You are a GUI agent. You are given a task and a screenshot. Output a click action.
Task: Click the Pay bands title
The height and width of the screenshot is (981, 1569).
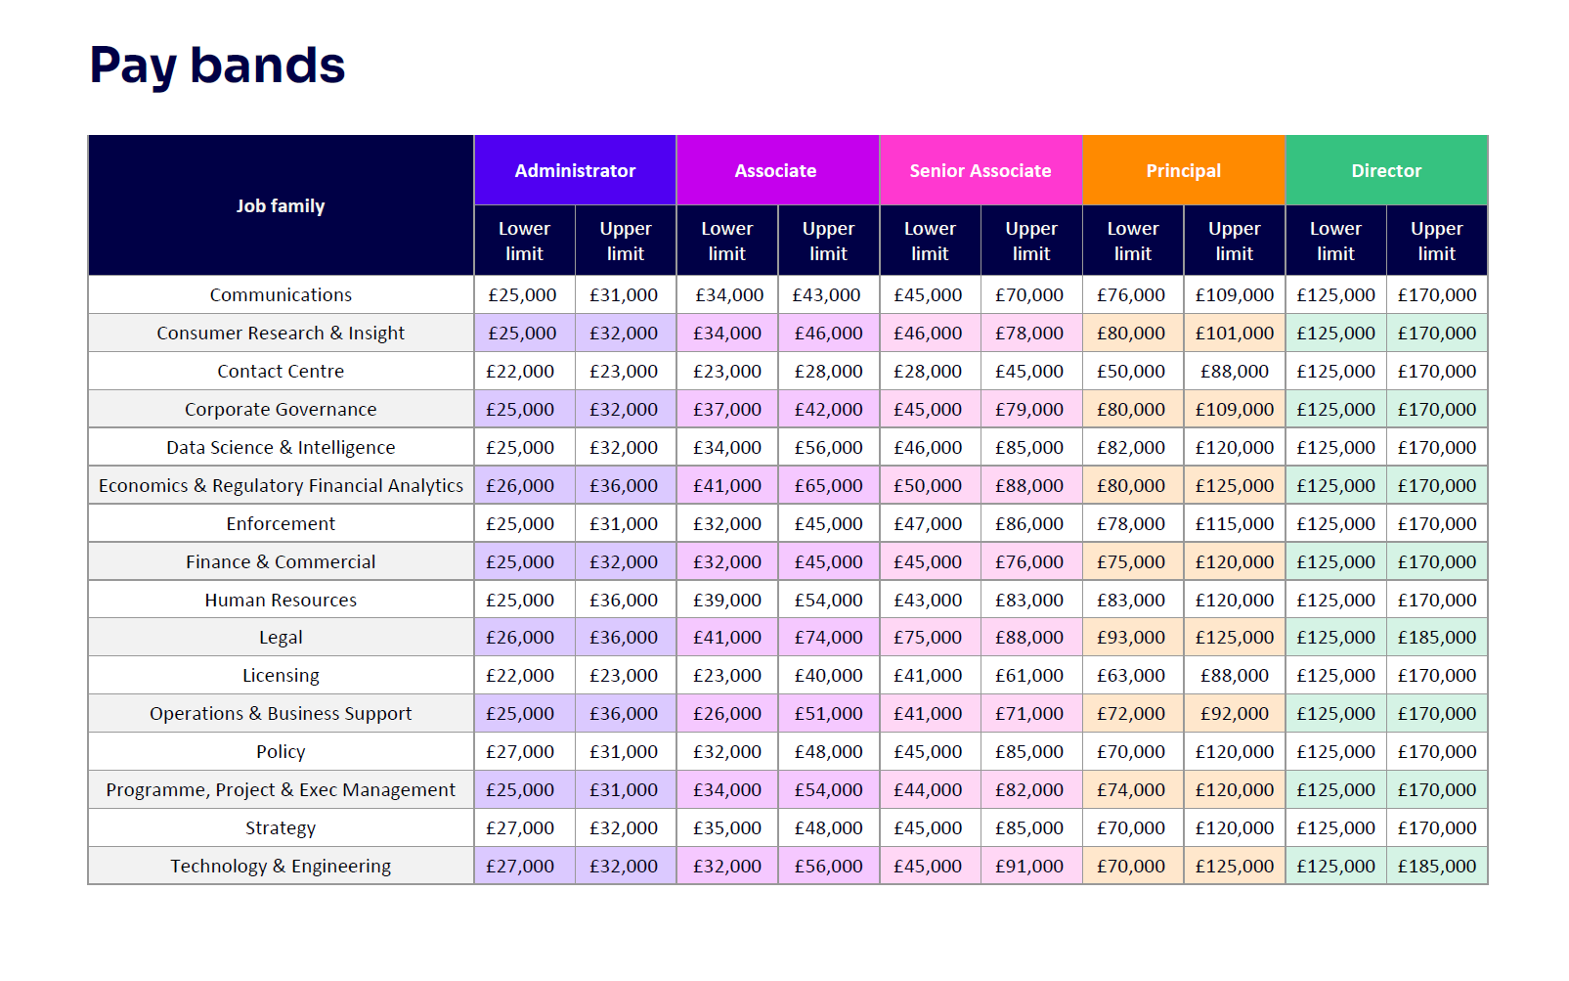[x=217, y=66]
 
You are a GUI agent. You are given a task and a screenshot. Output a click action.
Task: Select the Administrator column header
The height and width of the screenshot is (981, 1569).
[x=575, y=170]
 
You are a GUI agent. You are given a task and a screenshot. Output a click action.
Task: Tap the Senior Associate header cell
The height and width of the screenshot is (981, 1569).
[x=981, y=170]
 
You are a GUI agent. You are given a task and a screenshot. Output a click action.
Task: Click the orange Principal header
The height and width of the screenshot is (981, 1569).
[x=1184, y=170]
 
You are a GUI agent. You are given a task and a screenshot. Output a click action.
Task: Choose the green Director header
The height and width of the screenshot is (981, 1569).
[x=1386, y=170]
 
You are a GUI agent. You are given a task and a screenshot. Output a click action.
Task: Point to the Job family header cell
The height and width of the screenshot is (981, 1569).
[x=281, y=205]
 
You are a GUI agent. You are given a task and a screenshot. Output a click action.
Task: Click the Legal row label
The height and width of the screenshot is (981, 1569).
[x=281, y=638]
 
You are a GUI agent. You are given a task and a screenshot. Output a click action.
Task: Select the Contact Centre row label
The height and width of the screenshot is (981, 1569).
[x=281, y=371]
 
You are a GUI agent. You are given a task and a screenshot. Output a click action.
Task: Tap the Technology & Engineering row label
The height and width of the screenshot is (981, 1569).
[x=281, y=867]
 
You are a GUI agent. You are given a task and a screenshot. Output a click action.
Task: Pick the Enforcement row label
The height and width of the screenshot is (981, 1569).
[x=281, y=523]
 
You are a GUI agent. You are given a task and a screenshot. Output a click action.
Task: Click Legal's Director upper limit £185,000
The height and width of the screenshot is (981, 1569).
[x=1437, y=638]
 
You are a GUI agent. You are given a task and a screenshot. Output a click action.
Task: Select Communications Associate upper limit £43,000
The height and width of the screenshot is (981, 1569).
[x=826, y=295]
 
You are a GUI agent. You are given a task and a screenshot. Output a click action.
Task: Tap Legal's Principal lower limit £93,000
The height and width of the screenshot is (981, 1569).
[x=1131, y=638]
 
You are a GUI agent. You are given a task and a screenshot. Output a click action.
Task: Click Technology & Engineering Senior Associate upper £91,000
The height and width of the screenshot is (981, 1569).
[x=1029, y=867]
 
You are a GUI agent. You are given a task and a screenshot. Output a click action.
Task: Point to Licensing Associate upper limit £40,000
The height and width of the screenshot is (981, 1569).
[x=829, y=676]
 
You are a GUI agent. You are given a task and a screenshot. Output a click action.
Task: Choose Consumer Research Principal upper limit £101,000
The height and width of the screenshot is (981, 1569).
[x=1235, y=333]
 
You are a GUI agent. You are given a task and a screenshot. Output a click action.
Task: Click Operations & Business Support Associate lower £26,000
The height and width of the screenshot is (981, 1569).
[x=727, y=713]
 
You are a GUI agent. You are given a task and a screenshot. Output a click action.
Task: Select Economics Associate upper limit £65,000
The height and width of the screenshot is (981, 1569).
[x=829, y=485]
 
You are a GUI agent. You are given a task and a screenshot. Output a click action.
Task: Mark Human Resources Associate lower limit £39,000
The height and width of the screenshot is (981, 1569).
[x=727, y=600]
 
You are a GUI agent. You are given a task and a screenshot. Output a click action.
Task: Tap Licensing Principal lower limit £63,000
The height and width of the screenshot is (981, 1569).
[x=1131, y=676]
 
